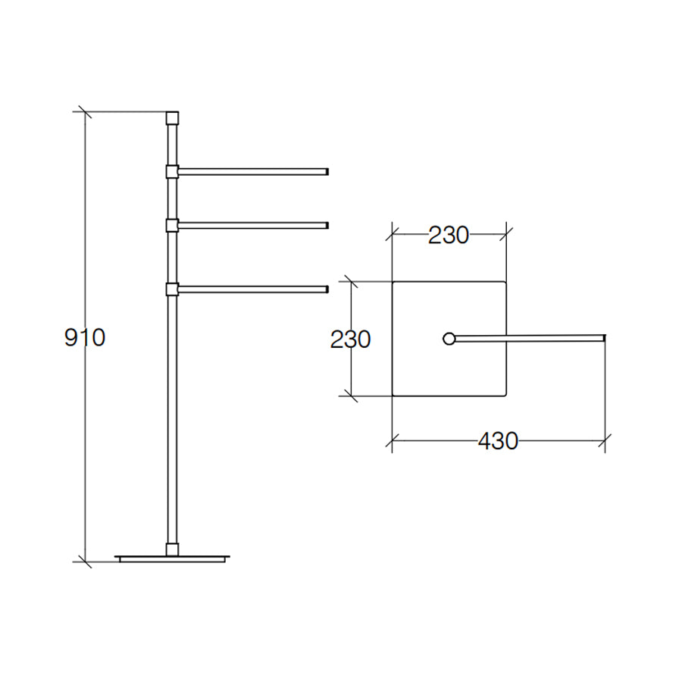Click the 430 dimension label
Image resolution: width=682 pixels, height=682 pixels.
497,441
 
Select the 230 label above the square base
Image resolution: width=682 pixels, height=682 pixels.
449,236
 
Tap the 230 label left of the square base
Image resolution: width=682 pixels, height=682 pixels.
350,339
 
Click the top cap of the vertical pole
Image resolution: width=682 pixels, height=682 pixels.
172,118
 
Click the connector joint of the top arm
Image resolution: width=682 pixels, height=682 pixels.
172,171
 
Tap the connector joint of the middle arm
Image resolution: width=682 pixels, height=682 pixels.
172,224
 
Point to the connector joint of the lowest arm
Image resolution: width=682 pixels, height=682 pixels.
172,288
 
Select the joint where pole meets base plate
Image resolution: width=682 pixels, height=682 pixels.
172,549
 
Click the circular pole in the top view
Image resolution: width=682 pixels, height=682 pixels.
449,338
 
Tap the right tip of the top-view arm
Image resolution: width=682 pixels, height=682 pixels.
603,336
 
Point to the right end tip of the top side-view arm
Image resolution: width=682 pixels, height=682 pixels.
326,171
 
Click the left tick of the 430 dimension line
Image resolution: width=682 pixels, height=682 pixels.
392,440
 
